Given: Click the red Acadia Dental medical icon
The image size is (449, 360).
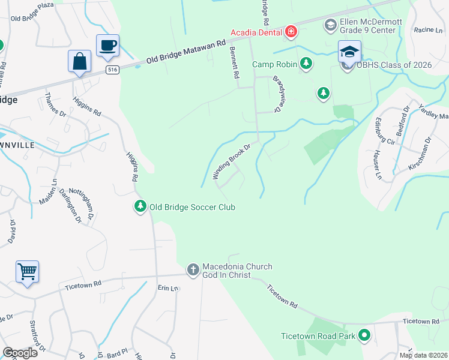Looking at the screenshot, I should point(291,31).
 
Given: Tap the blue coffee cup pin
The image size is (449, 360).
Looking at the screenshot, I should point(107,46).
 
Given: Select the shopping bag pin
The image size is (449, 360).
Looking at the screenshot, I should point(79,61).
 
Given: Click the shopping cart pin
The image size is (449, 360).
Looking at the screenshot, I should point(27,272).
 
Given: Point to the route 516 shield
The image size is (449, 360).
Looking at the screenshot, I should point(111,70).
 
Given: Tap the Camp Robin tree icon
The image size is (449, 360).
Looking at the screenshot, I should point(306,64).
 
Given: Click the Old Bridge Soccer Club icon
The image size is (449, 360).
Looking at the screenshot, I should point(140,206).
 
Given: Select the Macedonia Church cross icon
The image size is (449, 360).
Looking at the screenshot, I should point(193,269).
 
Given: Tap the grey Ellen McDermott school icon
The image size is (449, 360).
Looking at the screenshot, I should point(330,25).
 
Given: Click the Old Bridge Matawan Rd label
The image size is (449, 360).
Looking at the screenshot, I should point(185,52).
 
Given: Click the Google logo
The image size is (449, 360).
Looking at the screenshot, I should point(20,352).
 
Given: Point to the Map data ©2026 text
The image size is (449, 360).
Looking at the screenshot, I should point(423,355).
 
